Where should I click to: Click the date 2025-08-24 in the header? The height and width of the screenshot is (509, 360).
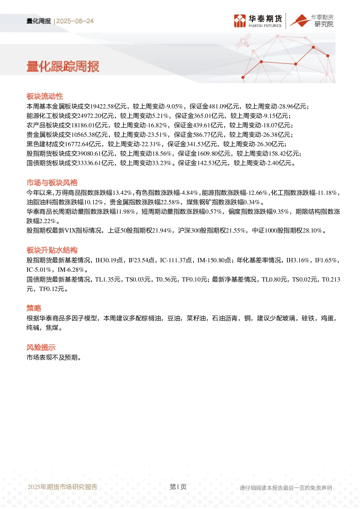pos(75,21)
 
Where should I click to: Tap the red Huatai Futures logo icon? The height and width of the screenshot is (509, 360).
pos(240,21)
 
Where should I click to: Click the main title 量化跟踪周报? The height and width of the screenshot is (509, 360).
pos(63,67)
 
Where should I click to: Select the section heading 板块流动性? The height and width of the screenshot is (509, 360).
pos(45,97)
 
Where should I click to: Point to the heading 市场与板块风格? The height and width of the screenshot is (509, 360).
pos(52,183)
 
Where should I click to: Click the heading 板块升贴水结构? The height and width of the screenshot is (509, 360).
pos(52,250)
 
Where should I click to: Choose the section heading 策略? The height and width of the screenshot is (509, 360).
pos(34,308)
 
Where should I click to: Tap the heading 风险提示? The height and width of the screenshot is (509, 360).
pos(41,347)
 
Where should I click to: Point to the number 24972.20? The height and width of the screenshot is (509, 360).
pos(90,116)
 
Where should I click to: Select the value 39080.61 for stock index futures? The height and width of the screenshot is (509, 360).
pos(90,153)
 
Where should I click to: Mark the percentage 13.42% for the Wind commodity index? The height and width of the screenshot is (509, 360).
pos(122,193)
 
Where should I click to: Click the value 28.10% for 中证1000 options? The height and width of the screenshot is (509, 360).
pos(312,231)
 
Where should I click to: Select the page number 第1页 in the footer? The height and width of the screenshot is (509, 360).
pos(178,487)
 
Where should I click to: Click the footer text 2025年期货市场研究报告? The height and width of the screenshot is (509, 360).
pos(62,487)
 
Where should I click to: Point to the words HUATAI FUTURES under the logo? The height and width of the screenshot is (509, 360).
pos(265,26)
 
